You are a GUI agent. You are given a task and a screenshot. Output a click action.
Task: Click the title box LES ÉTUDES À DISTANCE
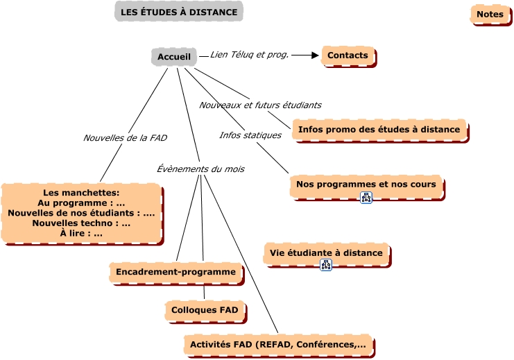pyautogui.click(x=178, y=12)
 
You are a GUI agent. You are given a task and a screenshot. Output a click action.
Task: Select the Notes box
pyautogui.click(x=490, y=14)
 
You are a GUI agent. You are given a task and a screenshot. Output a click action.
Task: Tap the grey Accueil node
pyautogui.click(x=173, y=56)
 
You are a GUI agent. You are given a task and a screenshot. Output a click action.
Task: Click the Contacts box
pyautogui.click(x=348, y=55)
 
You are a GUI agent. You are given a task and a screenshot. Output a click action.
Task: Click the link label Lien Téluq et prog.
pyautogui.click(x=249, y=54)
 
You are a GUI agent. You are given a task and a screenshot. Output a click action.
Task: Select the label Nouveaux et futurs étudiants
pyautogui.click(x=260, y=105)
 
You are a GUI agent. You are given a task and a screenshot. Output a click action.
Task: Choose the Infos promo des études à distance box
pyautogui.click(x=379, y=130)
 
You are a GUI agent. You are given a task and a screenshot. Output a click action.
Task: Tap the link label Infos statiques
pyautogui.click(x=250, y=135)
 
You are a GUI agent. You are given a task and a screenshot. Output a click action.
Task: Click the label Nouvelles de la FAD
pyautogui.click(x=125, y=138)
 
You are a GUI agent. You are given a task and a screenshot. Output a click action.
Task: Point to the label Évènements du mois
pyautogui.click(x=200, y=169)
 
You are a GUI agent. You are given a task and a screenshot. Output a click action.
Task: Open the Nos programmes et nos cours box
pyautogui.click(x=366, y=185)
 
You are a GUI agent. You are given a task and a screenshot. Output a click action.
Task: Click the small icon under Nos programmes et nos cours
pyautogui.click(x=366, y=197)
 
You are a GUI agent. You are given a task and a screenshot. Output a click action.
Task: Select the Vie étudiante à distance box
pyautogui.click(x=326, y=253)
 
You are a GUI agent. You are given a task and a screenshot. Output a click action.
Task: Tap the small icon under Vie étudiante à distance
pyautogui.click(x=325, y=265)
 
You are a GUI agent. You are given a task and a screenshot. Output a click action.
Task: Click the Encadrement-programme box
pyautogui.click(x=175, y=272)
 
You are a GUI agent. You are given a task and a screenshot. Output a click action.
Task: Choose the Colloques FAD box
pyautogui.click(x=205, y=310)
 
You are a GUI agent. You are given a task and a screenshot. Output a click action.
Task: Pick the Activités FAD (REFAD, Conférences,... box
pyautogui.click(x=277, y=345)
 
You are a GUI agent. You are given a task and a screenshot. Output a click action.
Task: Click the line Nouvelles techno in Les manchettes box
pyautogui.click(x=81, y=223)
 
